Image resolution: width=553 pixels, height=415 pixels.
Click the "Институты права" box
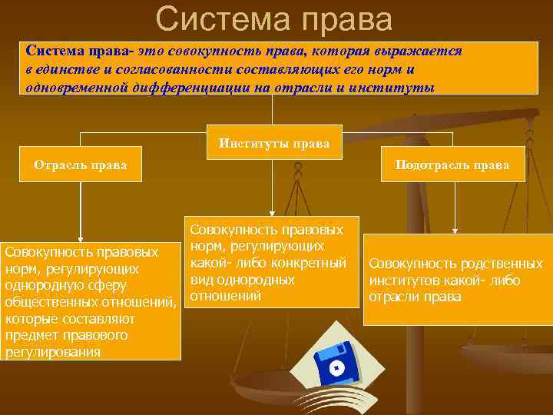coord(274,143)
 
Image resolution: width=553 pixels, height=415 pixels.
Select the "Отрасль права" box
coord(81,164)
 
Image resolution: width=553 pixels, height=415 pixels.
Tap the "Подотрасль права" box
coord(452,164)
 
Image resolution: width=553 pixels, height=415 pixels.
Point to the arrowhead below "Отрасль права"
coord(80,239)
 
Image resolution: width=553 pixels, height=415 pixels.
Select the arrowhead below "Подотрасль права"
coord(455,229)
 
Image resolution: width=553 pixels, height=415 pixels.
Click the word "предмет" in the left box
coord(28,336)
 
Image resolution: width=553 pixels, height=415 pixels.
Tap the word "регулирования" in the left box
coord(52,352)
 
